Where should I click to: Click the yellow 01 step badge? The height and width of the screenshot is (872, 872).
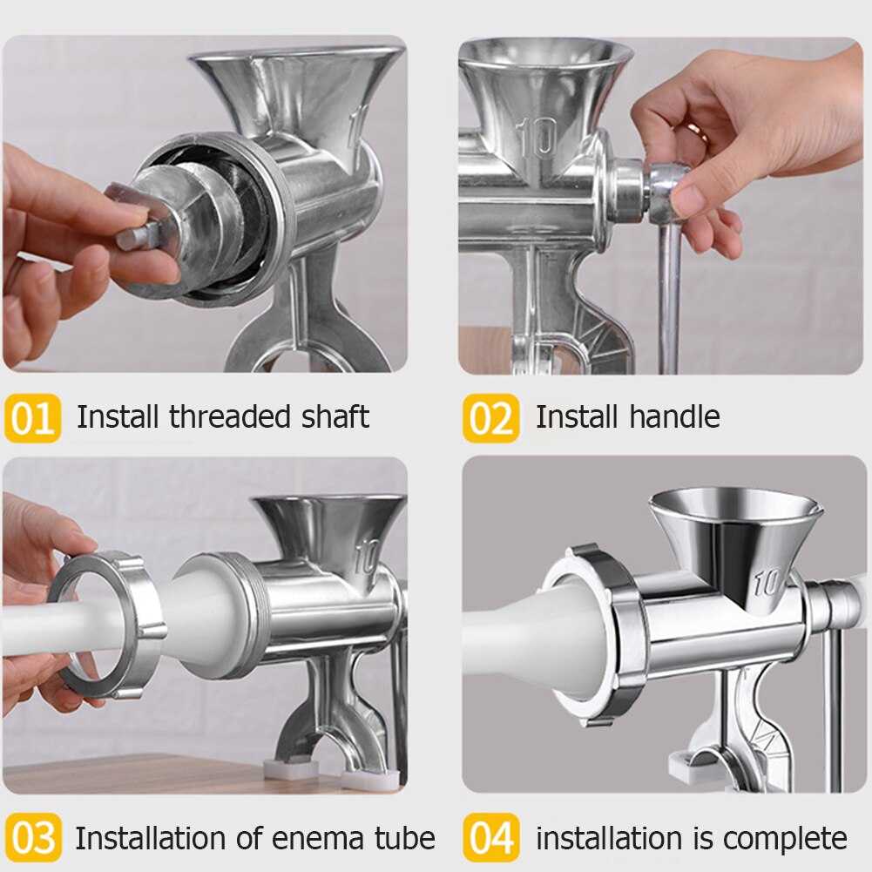pos(32,418)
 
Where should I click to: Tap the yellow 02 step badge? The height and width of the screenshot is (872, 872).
pos(490,418)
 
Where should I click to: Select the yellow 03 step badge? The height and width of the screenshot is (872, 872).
pos(32,839)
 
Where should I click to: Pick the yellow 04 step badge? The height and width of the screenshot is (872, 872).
pos(490,839)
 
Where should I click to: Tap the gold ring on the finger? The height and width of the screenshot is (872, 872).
pos(696,130)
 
